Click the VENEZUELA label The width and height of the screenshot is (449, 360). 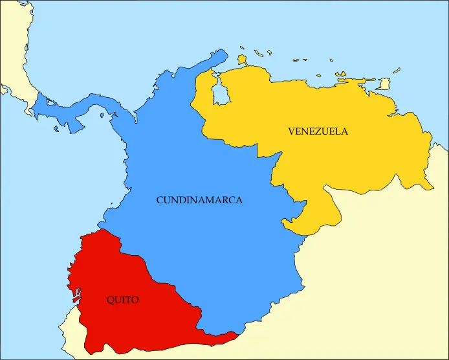318,131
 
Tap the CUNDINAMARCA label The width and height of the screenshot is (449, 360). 199,201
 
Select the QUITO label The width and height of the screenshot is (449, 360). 122,300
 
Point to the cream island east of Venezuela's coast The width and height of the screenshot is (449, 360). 384,84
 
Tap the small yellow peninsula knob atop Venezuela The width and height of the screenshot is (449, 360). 242,60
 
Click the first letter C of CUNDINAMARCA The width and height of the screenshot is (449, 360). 160,201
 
